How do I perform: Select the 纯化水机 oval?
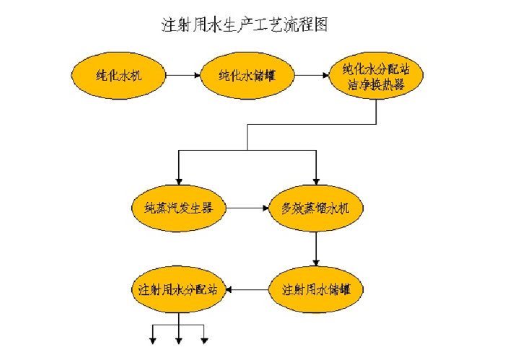tap(118, 74)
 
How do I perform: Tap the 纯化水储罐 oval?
tap(246, 74)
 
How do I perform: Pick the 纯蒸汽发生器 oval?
tap(179, 209)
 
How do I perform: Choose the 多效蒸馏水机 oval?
tap(315, 209)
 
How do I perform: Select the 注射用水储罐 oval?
tap(315, 290)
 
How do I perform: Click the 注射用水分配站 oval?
tap(178, 290)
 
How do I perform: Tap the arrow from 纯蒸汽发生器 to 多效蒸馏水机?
tap(247, 209)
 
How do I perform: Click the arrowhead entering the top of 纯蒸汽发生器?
tap(179, 181)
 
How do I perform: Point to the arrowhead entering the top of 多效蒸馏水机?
tap(315, 181)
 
